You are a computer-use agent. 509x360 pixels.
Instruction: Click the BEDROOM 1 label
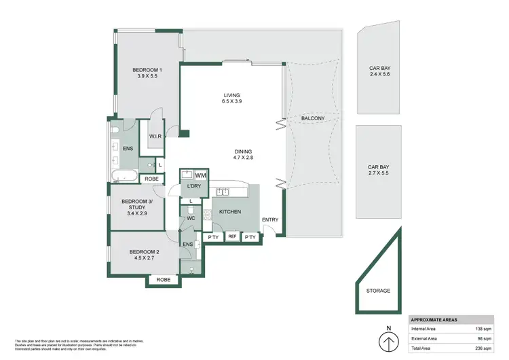click(x=147, y=70)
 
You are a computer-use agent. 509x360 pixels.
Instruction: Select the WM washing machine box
click(x=202, y=176)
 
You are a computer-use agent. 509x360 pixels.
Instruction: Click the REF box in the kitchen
click(x=231, y=236)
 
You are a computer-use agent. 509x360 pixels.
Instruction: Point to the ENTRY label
click(x=269, y=219)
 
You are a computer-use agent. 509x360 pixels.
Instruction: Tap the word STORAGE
click(x=378, y=291)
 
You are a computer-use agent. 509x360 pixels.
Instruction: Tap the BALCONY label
click(x=314, y=118)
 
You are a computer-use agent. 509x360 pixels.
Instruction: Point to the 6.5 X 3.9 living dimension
click(x=232, y=101)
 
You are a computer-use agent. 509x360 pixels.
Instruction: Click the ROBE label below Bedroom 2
click(x=164, y=279)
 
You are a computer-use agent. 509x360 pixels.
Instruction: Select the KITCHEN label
click(x=230, y=213)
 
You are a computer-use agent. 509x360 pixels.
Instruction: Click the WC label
click(x=191, y=219)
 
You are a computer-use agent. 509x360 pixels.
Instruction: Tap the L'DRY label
click(x=191, y=186)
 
